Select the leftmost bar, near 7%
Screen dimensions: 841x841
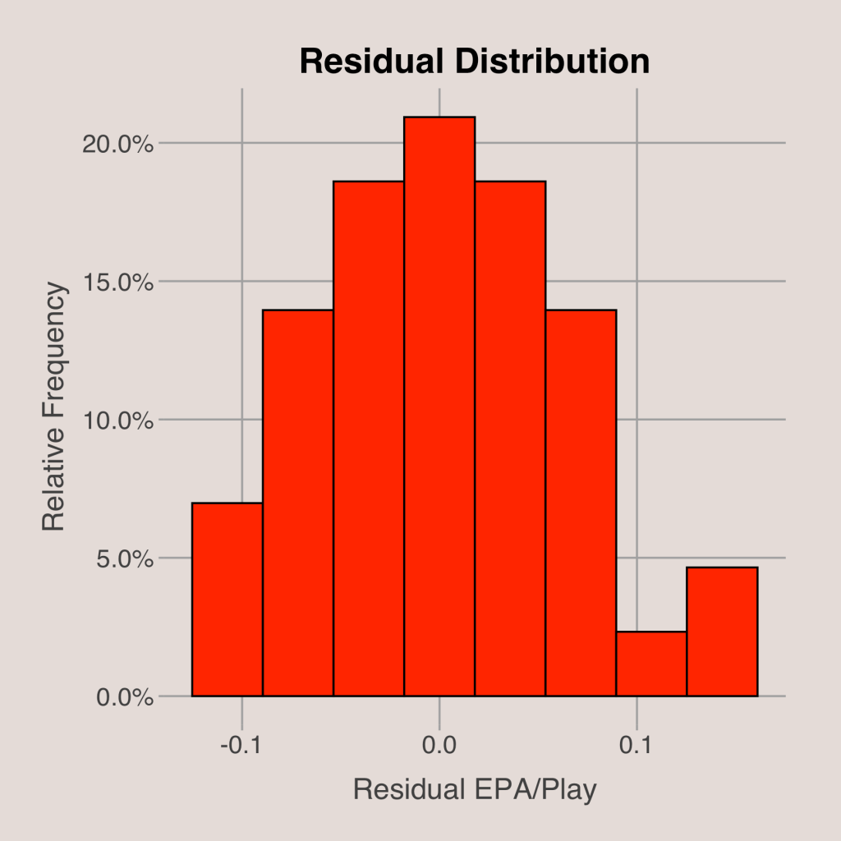click(227, 600)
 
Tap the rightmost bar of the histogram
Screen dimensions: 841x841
click(722, 632)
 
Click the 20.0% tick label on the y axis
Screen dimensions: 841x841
click(118, 144)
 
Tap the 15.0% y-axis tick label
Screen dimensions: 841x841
click(118, 282)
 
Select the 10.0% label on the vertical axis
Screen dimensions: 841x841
click(118, 420)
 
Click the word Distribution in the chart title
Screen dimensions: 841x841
click(549, 62)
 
